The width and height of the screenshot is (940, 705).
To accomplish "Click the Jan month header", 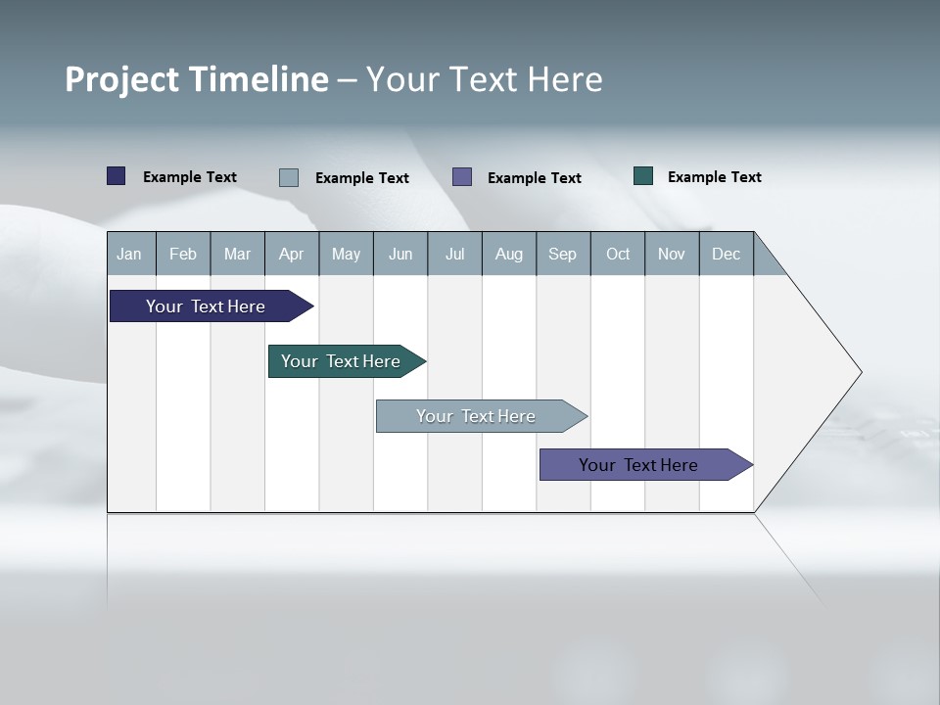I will click(129, 254).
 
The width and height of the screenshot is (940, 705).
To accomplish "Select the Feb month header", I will click(183, 254).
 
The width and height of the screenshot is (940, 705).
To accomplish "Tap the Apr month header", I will click(291, 254).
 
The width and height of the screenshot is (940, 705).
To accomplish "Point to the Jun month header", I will click(400, 254).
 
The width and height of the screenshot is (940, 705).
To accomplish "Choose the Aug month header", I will click(508, 254).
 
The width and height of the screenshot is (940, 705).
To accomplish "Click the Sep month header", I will click(563, 254).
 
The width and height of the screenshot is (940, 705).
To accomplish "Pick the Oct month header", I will click(618, 254).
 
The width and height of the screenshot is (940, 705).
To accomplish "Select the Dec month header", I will click(726, 254).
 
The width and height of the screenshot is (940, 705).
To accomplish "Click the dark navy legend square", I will click(117, 176).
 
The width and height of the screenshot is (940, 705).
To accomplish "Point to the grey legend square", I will click(289, 177).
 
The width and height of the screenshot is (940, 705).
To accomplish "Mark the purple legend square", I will click(462, 177).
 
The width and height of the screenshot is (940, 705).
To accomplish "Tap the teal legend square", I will click(643, 176).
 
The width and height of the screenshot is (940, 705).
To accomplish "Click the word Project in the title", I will click(123, 79).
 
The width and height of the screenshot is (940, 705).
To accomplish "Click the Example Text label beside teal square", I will click(714, 177).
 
